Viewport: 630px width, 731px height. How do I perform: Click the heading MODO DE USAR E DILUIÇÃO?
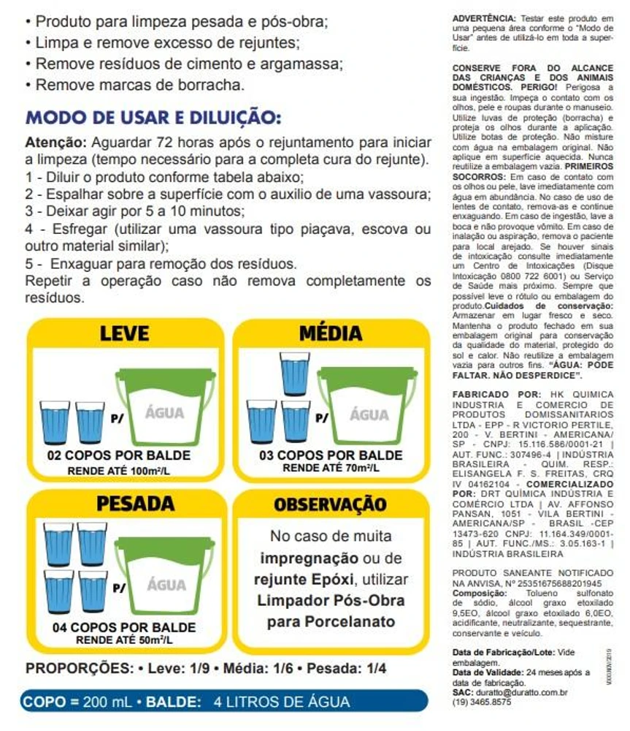tap(153, 118)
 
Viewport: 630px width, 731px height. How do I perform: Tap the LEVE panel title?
tap(124, 333)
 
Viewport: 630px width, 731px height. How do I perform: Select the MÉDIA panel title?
tap(330, 333)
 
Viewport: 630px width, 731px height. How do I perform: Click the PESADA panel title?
tap(126, 504)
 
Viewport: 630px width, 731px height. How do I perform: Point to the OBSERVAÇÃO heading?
tap(330, 504)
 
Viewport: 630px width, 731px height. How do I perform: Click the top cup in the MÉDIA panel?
tap(295, 373)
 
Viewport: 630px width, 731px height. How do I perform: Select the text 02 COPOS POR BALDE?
tap(118, 455)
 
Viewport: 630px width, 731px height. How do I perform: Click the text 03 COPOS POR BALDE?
tap(331, 455)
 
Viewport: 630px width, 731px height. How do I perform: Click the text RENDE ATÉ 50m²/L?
tap(124, 640)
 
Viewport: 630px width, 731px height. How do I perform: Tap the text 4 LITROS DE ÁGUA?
tap(282, 702)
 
